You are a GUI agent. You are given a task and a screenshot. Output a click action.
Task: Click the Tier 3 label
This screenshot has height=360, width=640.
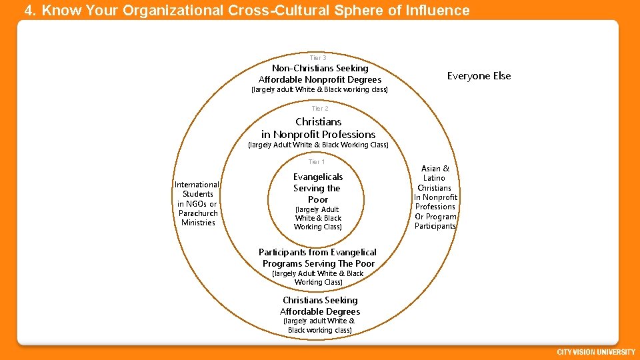point(318,58)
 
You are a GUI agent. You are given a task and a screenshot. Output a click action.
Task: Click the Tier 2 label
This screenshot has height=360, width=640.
point(320,108)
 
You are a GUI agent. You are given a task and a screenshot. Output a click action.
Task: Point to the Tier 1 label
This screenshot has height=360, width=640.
point(317,162)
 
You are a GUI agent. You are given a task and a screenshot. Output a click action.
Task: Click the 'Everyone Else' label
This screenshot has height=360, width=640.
point(479,76)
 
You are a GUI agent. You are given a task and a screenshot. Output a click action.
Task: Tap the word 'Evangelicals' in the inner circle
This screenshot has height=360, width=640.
point(318,177)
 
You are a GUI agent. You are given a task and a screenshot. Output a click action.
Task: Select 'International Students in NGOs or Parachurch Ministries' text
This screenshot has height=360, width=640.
point(197,203)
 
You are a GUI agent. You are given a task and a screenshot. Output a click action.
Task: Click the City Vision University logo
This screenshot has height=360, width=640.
point(595,351)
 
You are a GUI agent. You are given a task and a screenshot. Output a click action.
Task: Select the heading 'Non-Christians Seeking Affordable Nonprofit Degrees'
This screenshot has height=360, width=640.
point(320,74)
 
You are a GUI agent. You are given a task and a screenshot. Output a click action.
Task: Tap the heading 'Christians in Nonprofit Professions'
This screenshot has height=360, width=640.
point(318,128)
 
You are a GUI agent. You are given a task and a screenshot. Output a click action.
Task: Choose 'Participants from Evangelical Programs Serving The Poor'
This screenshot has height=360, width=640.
point(318,258)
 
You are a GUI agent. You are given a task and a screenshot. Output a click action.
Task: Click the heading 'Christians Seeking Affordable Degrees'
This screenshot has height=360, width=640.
point(320,306)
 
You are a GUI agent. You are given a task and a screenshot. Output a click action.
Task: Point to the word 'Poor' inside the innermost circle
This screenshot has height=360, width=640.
point(318,199)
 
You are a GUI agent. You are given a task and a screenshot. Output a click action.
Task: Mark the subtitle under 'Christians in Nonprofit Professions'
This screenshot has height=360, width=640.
point(318,145)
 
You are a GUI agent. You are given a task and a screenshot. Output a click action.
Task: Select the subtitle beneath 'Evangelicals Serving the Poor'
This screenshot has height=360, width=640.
point(318,218)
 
